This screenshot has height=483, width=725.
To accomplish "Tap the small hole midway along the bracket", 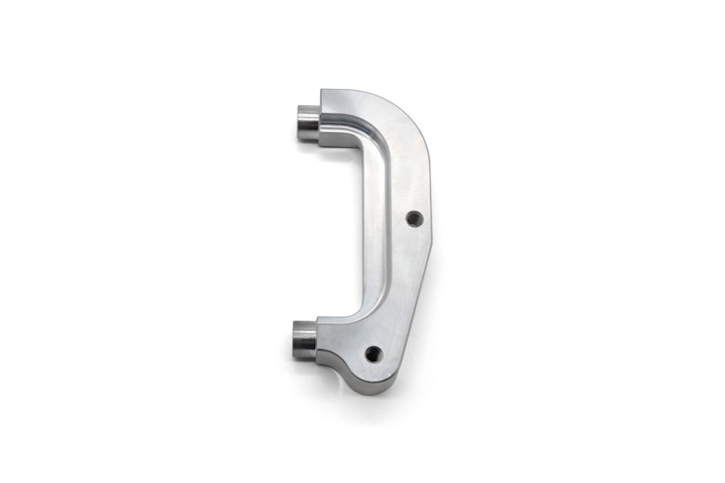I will tap(413, 219).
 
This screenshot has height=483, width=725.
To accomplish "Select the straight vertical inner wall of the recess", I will tap(371, 222).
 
